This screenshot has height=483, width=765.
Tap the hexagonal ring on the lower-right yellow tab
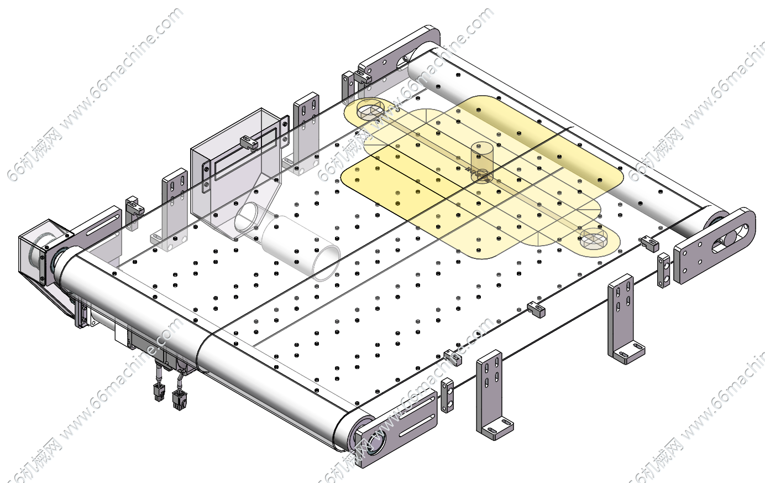(594, 238)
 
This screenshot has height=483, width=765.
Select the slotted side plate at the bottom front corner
(396, 428)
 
